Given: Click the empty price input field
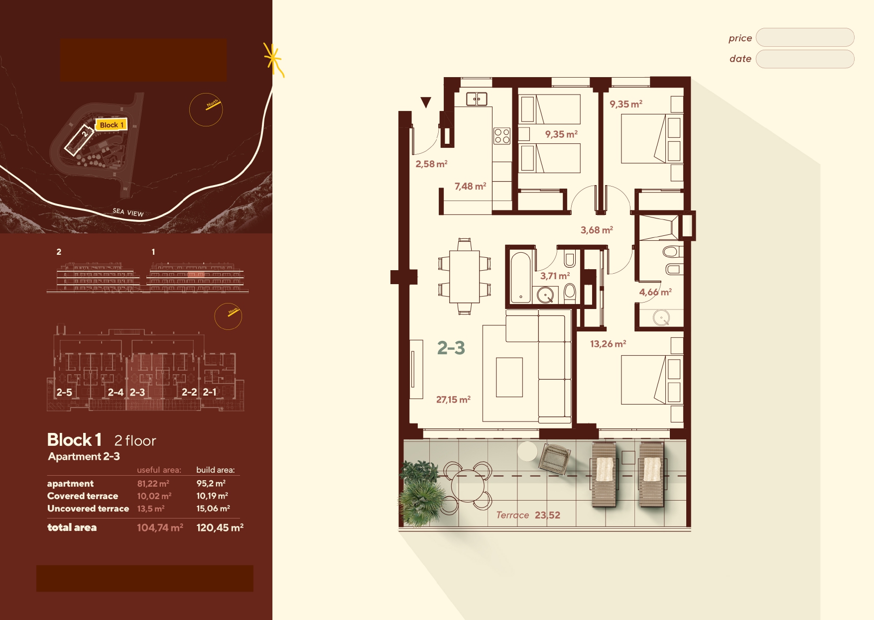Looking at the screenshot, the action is pyautogui.click(x=805, y=37).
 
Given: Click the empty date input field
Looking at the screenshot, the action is pyautogui.click(x=805, y=59).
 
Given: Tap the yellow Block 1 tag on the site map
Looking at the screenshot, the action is pyautogui.click(x=111, y=124).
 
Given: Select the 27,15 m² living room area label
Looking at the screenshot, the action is pyautogui.click(x=453, y=400).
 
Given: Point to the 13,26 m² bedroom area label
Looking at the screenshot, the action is pyautogui.click(x=608, y=344).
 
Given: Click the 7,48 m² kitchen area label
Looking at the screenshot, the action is pyautogui.click(x=470, y=186).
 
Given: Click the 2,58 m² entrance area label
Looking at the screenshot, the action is pyautogui.click(x=431, y=164).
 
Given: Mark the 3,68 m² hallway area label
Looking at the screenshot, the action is pyautogui.click(x=597, y=230).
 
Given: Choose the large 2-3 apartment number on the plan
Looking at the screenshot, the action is pyautogui.click(x=451, y=347).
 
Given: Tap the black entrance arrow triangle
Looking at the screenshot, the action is pyautogui.click(x=426, y=102).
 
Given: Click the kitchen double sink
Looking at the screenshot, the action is pyautogui.click(x=477, y=99).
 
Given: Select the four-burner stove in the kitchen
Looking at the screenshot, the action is pyautogui.click(x=502, y=136).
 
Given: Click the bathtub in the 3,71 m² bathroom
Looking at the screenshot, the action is pyautogui.click(x=521, y=278).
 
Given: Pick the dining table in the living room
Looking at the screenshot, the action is pyautogui.click(x=465, y=277).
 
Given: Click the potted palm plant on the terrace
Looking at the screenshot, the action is pyautogui.click(x=422, y=494).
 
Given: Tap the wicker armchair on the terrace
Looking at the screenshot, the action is pyautogui.click(x=554, y=458).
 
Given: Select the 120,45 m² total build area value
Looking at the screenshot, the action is pyautogui.click(x=220, y=527).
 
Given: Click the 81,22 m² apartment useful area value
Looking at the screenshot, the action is pyautogui.click(x=153, y=484).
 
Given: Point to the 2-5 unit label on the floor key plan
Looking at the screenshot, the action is pyautogui.click(x=64, y=392).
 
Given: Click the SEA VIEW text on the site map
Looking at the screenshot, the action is pyautogui.click(x=128, y=212).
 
